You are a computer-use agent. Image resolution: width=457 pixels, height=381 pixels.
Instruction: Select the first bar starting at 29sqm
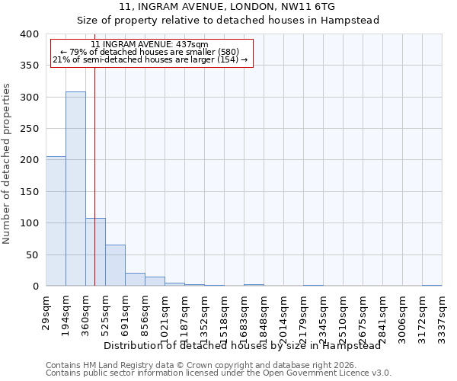coord(56,221)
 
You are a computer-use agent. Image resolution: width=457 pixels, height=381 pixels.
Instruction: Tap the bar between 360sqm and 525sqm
coord(95,252)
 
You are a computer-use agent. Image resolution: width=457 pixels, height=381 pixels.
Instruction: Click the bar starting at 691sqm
coord(135,280)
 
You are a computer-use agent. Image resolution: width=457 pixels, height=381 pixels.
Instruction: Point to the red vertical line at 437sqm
coord(94,152)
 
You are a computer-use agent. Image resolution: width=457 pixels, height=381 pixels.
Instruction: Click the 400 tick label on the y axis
coord(28,34)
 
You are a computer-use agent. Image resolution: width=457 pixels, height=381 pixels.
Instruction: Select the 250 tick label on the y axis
coord(28,129)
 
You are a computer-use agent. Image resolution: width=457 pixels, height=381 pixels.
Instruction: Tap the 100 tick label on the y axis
coord(28,223)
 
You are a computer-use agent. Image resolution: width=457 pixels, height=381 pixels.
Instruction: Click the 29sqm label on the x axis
coord(46,310)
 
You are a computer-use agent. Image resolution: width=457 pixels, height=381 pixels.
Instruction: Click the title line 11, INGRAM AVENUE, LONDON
coord(228,7)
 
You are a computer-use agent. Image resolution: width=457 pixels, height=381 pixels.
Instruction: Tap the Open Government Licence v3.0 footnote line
coord(219,373)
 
